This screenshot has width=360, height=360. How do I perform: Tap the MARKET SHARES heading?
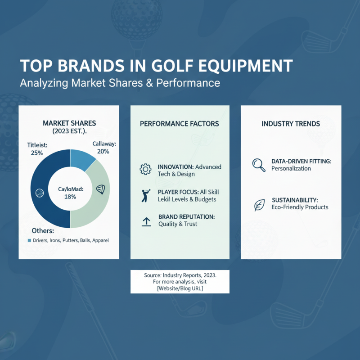pyautogui.click(x=69, y=123)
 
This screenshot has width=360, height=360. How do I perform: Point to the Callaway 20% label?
pyautogui.click(x=103, y=148)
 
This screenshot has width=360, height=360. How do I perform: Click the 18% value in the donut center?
pyautogui.click(x=70, y=197)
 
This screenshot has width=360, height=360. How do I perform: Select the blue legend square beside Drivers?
pyautogui.click(x=29, y=241)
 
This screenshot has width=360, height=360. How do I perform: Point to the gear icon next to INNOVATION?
pyautogui.click(x=145, y=170)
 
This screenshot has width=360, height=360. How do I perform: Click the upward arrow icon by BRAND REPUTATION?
pyautogui.click(x=146, y=221)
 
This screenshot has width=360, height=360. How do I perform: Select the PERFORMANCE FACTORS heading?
pyautogui.click(x=180, y=123)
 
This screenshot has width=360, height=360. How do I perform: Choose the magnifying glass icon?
pyautogui.click(x=259, y=165)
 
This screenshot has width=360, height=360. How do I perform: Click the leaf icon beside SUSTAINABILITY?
pyautogui.click(x=259, y=205)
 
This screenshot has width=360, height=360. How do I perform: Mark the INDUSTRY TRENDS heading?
pyautogui.click(x=291, y=123)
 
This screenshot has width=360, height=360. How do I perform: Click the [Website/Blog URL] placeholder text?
pyautogui.click(x=180, y=288)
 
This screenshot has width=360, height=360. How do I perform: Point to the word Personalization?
pyautogui.click(x=291, y=169)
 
